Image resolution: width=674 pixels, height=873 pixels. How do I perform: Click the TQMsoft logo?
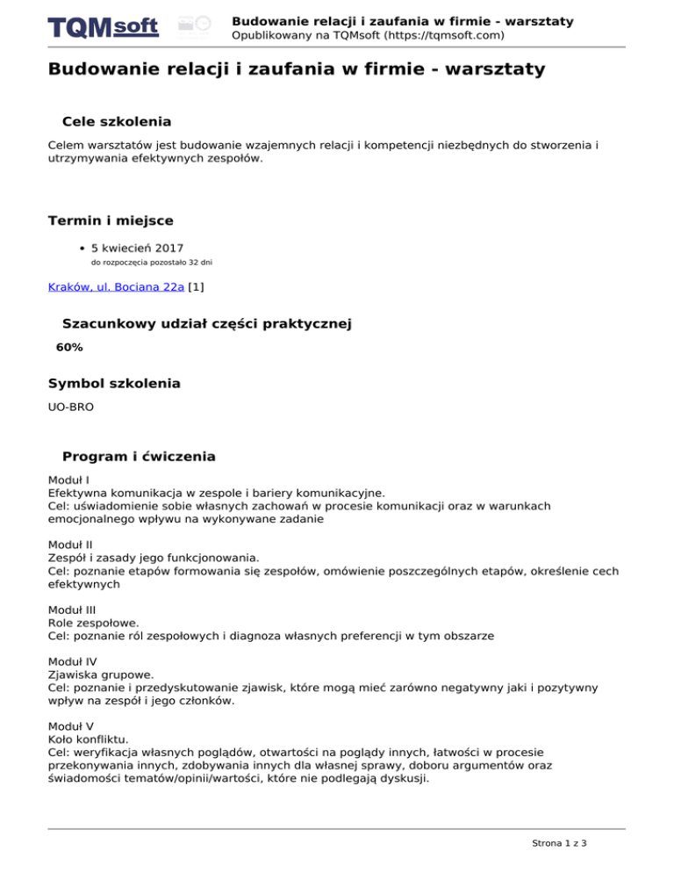point(104,26)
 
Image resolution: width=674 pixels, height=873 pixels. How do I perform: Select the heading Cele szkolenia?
point(117,121)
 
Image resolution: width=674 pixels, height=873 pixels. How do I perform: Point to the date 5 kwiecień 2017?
point(137,248)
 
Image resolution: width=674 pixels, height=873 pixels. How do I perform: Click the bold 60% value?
point(69,348)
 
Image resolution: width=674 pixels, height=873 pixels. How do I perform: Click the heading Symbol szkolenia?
point(114,384)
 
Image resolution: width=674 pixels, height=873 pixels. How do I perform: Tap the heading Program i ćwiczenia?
point(139,457)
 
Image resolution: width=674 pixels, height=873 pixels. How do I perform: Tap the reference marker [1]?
point(197,285)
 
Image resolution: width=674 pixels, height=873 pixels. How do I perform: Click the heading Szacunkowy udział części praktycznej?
point(207,324)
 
